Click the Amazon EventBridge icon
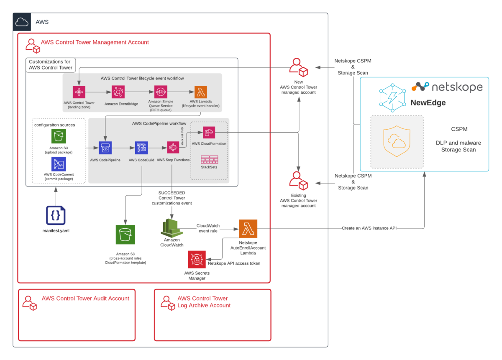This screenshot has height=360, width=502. click(x=118, y=92)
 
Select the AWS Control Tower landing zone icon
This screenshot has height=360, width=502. click(x=79, y=92)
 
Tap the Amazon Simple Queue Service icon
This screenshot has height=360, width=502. click(x=161, y=92)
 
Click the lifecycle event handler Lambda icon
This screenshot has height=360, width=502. click(x=201, y=92)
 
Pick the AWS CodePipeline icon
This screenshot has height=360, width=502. click(x=105, y=148)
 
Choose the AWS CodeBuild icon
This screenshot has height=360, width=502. click(x=141, y=148)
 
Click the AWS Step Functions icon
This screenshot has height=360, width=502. click(x=173, y=148)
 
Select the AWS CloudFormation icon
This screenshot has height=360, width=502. click(x=209, y=133)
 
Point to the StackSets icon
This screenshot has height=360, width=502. click(x=209, y=159)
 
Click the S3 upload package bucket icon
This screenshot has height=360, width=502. click(x=59, y=136)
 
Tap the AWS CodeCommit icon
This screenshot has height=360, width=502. click(x=59, y=164)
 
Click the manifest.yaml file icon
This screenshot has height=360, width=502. click(x=56, y=215)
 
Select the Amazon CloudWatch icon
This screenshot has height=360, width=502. click(x=170, y=228)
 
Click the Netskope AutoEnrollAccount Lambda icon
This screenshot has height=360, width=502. click(x=248, y=229)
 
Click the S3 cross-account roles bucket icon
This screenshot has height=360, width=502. click(x=125, y=235)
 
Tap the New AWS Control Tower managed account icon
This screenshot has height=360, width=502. click(x=299, y=67)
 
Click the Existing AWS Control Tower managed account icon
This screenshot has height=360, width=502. click(x=299, y=181)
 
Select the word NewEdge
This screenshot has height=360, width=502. click(x=428, y=103)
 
